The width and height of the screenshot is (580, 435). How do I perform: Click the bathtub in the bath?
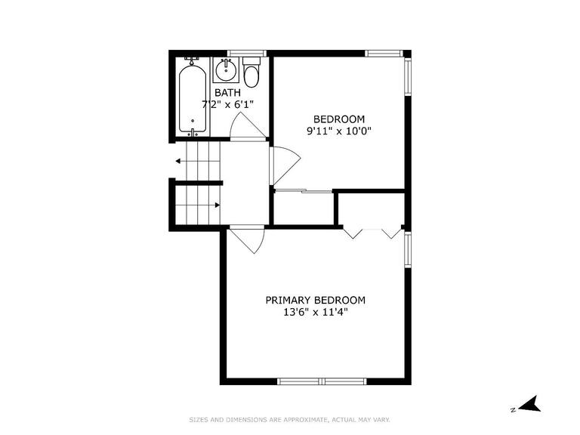click(x=193, y=99)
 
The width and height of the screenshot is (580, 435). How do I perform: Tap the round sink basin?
click(x=226, y=69)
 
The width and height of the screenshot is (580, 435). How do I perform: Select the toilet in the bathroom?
click(x=252, y=72)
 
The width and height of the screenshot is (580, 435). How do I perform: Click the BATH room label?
click(x=227, y=92)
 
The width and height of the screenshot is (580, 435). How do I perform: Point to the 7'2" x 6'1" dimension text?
click(x=227, y=104)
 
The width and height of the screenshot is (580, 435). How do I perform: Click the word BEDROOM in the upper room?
click(x=339, y=119)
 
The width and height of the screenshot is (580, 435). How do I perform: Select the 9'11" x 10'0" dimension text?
click(x=339, y=131)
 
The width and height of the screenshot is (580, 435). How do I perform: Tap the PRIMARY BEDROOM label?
click(x=315, y=300)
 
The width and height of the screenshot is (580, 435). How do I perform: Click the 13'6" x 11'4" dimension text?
click(x=315, y=312)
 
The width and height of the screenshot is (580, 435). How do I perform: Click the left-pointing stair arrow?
click(x=198, y=162)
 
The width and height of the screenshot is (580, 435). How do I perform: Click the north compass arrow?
click(x=530, y=404)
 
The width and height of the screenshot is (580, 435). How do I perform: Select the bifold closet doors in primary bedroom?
click(x=372, y=233)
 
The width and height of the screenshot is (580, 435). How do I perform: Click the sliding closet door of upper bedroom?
click(x=304, y=191)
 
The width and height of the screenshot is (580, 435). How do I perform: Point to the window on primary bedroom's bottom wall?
click(x=322, y=381)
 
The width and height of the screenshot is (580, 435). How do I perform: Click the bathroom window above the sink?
click(x=247, y=54)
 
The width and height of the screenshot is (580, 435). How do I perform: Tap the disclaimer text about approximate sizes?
click(x=290, y=420)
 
